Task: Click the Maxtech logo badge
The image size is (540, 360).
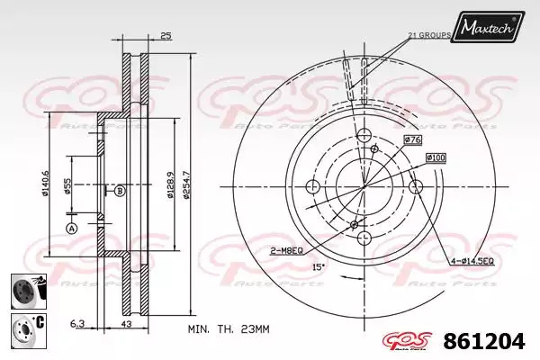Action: (488, 26)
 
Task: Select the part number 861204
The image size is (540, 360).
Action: (484, 341)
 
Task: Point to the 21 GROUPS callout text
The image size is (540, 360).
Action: (429, 35)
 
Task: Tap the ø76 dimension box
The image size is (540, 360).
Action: (412, 139)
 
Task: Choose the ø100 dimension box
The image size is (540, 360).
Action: (436, 157)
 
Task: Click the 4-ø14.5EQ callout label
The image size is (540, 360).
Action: (472, 262)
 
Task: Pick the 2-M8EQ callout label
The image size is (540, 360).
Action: (286, 251)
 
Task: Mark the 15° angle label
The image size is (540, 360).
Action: (319, 266)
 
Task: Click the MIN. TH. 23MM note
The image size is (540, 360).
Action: (229, 329)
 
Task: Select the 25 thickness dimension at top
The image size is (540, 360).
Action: (166, 35)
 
